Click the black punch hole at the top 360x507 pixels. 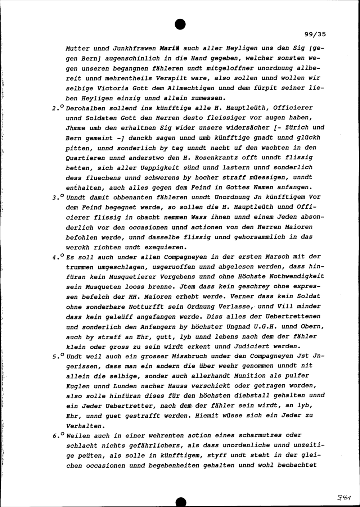[x=180, y=23]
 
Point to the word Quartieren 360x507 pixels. [x=86, y=158]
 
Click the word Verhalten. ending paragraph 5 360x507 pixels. [x=84, y=426]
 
